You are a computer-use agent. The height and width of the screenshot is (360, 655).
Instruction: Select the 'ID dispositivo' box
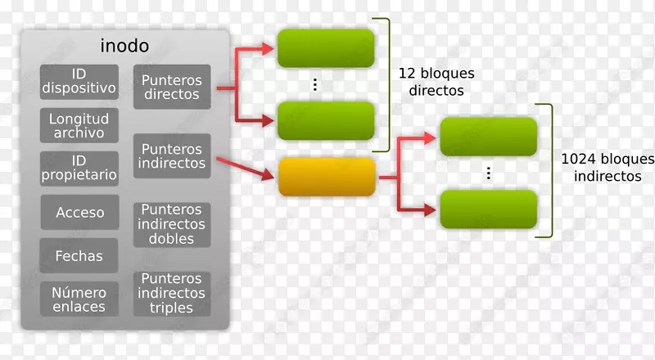coord(79,79)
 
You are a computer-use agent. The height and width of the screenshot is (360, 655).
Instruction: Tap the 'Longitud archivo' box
coord(79,126)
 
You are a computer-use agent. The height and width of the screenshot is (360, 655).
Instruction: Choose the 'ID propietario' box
coord(79,167)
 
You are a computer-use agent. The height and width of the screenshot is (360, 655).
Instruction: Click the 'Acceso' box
coord(79,213)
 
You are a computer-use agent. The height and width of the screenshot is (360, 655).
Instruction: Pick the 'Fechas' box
coord(79,256)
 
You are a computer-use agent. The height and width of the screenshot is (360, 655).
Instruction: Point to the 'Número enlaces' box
coord(79,299)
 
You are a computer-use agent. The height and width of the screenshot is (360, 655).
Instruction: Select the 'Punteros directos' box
coord(171,87)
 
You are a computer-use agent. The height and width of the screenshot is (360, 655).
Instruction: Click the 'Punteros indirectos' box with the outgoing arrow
coord(171,156)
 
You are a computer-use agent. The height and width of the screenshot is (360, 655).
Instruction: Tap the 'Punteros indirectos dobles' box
coord(171,225)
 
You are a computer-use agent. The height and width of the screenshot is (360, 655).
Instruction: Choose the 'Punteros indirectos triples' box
coord(171,294)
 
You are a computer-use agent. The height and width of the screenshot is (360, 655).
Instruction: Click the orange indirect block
coord(327,177)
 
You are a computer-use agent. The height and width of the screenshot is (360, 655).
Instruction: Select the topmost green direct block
coord(326,48)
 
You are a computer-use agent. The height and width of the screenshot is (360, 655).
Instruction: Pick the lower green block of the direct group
coord(326,121)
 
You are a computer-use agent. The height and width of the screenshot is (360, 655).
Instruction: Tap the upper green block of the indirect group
coord(488,137)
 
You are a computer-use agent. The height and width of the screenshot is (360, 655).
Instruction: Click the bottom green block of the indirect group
coord(488,209)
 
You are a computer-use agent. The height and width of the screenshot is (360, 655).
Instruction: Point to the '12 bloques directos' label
coord(436,82)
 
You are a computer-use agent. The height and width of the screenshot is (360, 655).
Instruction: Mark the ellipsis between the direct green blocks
coord(314,85)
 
